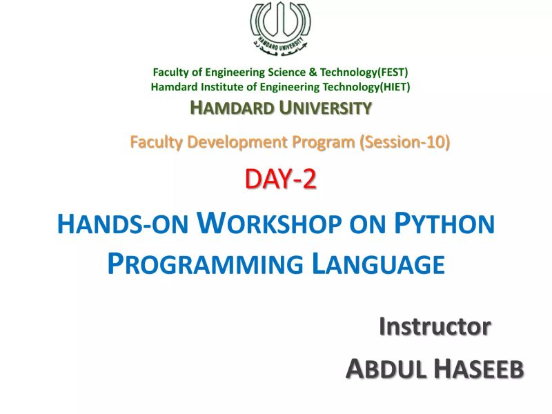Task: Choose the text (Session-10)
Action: pos(405,143)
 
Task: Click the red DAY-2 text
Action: pos(280,179)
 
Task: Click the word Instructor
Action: pos(435,326)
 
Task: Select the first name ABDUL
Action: pos(385,371)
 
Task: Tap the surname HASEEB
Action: pos(479,371)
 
